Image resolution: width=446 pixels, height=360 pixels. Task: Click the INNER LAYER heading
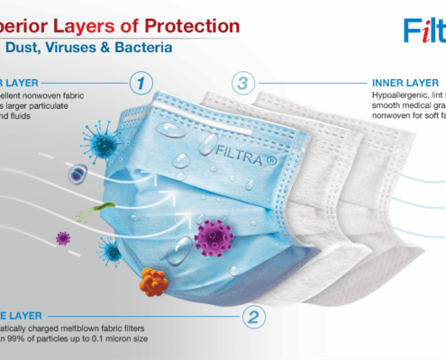point(401,79)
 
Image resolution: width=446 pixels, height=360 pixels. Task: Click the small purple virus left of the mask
point(62,238)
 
